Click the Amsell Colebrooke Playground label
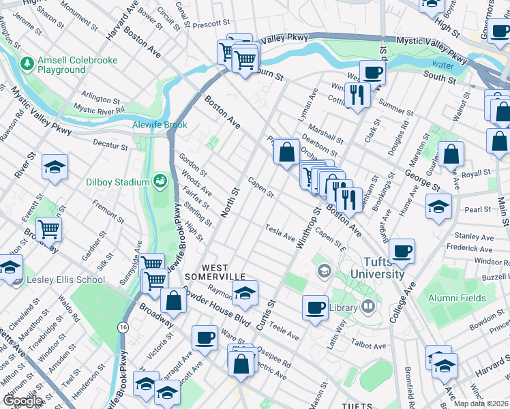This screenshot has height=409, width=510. [x=77, y=65]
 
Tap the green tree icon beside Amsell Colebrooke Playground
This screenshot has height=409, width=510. [x=27, y=64]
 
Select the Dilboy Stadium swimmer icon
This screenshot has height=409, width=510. [x=160, y=181]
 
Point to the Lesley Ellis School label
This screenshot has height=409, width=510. [x=65, y=279]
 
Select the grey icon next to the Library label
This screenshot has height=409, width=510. [x=369, y=307]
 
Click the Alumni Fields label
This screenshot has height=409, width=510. [x=457, y=298]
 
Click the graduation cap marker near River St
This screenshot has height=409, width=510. [x=54, y=167]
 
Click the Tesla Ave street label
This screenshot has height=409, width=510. [x=280, y=231]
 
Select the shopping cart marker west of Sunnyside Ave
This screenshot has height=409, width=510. [x=48, y=230]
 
